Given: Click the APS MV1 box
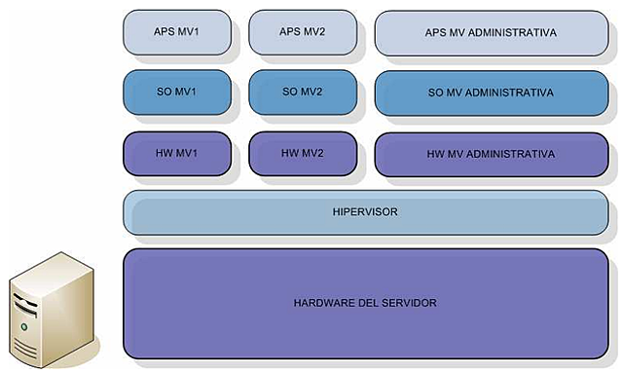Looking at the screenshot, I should (177, 32).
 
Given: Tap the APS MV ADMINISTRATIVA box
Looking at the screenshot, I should (491, 32).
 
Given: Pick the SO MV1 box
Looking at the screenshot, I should (177, 93).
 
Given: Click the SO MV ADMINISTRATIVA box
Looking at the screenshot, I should (491, 93).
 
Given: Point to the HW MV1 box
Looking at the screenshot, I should (177, 154).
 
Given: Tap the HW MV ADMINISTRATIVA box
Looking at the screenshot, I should (491, 154).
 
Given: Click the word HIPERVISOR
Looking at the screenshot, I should (365, 211).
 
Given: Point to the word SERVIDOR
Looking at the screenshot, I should (412, 303).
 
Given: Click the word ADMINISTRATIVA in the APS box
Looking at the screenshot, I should (512, 32).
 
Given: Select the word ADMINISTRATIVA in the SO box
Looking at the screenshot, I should (511, 93).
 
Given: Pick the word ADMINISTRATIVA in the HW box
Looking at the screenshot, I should (512, 154).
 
